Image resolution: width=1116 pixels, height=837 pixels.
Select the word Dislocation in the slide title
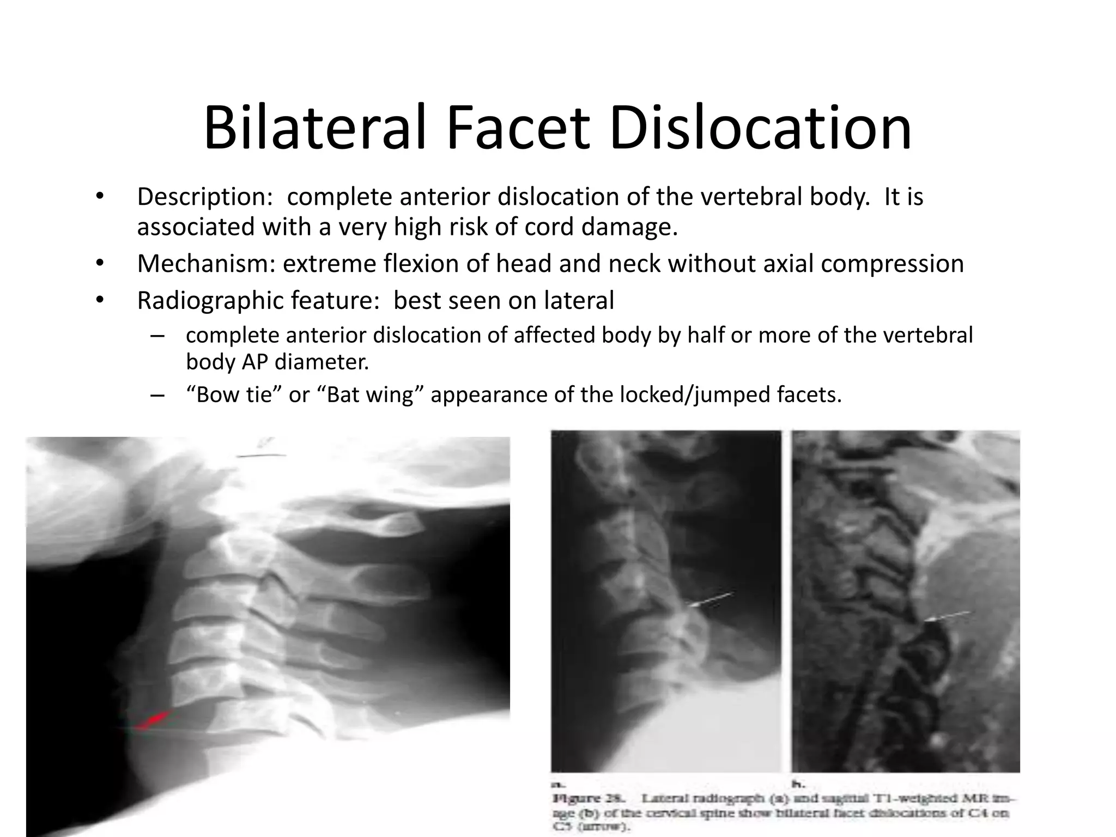761,129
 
